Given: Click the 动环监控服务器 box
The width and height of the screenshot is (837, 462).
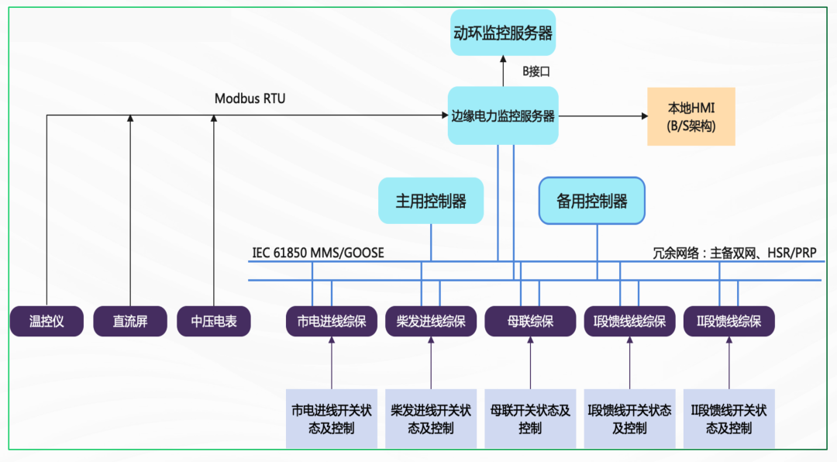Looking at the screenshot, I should [503, 33].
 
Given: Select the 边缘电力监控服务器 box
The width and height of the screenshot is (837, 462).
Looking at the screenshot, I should [503, 115].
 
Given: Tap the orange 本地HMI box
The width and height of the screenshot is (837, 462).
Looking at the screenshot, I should [691, 116].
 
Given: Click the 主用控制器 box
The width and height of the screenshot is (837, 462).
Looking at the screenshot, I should [431, 201].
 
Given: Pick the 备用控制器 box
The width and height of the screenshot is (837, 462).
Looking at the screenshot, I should [592, 201].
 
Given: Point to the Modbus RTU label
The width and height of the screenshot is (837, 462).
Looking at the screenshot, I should [250, 98].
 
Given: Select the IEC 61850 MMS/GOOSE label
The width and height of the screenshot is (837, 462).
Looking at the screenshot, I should [318, 253].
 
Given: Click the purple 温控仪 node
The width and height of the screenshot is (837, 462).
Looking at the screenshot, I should [46, 321].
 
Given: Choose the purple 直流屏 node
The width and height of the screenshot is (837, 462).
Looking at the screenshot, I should [129, 321].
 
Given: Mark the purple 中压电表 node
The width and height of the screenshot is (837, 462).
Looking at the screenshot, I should [214, 321].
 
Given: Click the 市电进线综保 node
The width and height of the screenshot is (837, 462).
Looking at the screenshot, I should [331, 321].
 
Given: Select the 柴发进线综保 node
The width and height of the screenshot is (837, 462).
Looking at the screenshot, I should [431, 321].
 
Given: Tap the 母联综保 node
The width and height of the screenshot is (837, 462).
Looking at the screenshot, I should [530, 321].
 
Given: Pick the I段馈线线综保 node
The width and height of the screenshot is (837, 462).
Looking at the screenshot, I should [629, 321].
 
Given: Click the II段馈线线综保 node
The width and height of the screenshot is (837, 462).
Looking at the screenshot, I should [728, 321].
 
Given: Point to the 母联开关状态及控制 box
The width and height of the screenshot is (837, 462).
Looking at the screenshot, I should [530, 419].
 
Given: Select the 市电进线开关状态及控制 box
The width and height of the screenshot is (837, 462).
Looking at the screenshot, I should [331, 419].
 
